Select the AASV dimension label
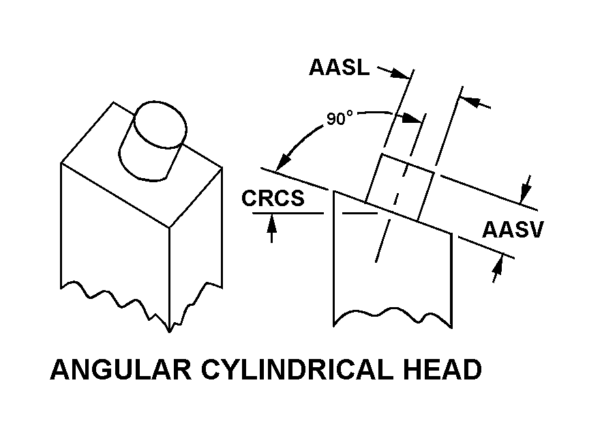click(513, 229)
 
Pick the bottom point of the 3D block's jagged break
click(169, 331)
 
